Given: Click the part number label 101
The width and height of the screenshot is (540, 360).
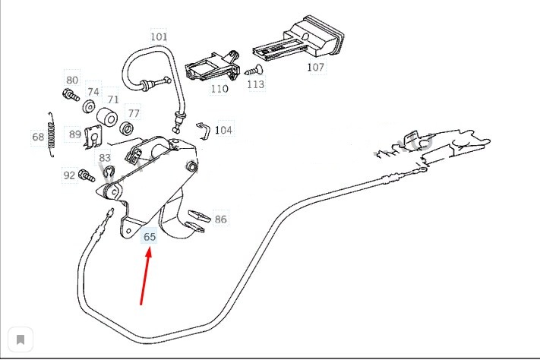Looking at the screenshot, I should click(159, 36).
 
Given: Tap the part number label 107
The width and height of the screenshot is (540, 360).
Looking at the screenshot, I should click(315, 67).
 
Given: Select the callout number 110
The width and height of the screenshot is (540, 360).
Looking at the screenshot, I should click(219, 88).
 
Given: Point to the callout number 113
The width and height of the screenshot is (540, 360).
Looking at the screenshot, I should click(256, 84).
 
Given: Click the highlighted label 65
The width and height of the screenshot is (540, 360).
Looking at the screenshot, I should click(150, 237).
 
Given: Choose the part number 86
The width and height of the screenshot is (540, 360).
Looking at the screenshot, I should click(220, 219).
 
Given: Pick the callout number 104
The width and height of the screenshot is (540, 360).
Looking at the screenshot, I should click(223, 130).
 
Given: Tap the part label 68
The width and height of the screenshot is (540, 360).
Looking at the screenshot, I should click(38, 137).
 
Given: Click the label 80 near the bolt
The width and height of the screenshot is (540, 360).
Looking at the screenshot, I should click(72, 80).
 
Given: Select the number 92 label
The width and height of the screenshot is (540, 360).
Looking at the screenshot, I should click(69, 175).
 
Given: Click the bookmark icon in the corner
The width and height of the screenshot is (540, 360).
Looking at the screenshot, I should click(21, 339).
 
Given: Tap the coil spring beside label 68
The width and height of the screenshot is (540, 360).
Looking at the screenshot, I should click(51, 135).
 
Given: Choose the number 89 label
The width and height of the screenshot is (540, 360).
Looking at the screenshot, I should click(74, 134).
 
